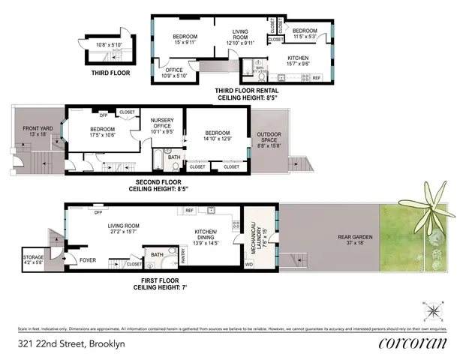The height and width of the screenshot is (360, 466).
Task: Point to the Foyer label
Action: click(89, 260)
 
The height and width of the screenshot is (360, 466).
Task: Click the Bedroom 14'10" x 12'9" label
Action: click(217, 136)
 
